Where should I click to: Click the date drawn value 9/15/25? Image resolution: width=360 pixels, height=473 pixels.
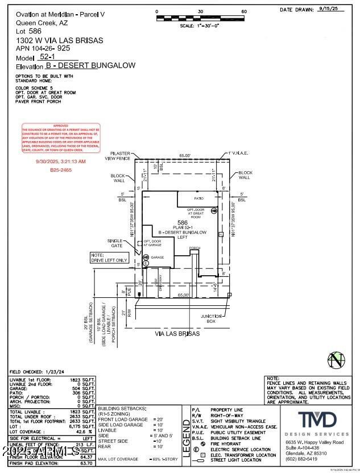329,9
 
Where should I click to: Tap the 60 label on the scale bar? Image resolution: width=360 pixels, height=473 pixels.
244,11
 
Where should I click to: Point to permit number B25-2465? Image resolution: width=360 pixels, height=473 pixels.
61,170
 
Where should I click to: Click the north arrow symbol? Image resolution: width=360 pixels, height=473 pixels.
336,360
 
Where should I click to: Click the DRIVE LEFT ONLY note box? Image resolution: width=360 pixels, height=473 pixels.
109,258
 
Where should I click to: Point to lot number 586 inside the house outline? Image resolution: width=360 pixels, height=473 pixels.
182,222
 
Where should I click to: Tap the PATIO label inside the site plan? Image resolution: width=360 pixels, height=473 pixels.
198,199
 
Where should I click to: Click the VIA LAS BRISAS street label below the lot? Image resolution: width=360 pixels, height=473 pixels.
177,334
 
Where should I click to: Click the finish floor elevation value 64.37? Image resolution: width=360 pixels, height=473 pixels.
86,457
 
